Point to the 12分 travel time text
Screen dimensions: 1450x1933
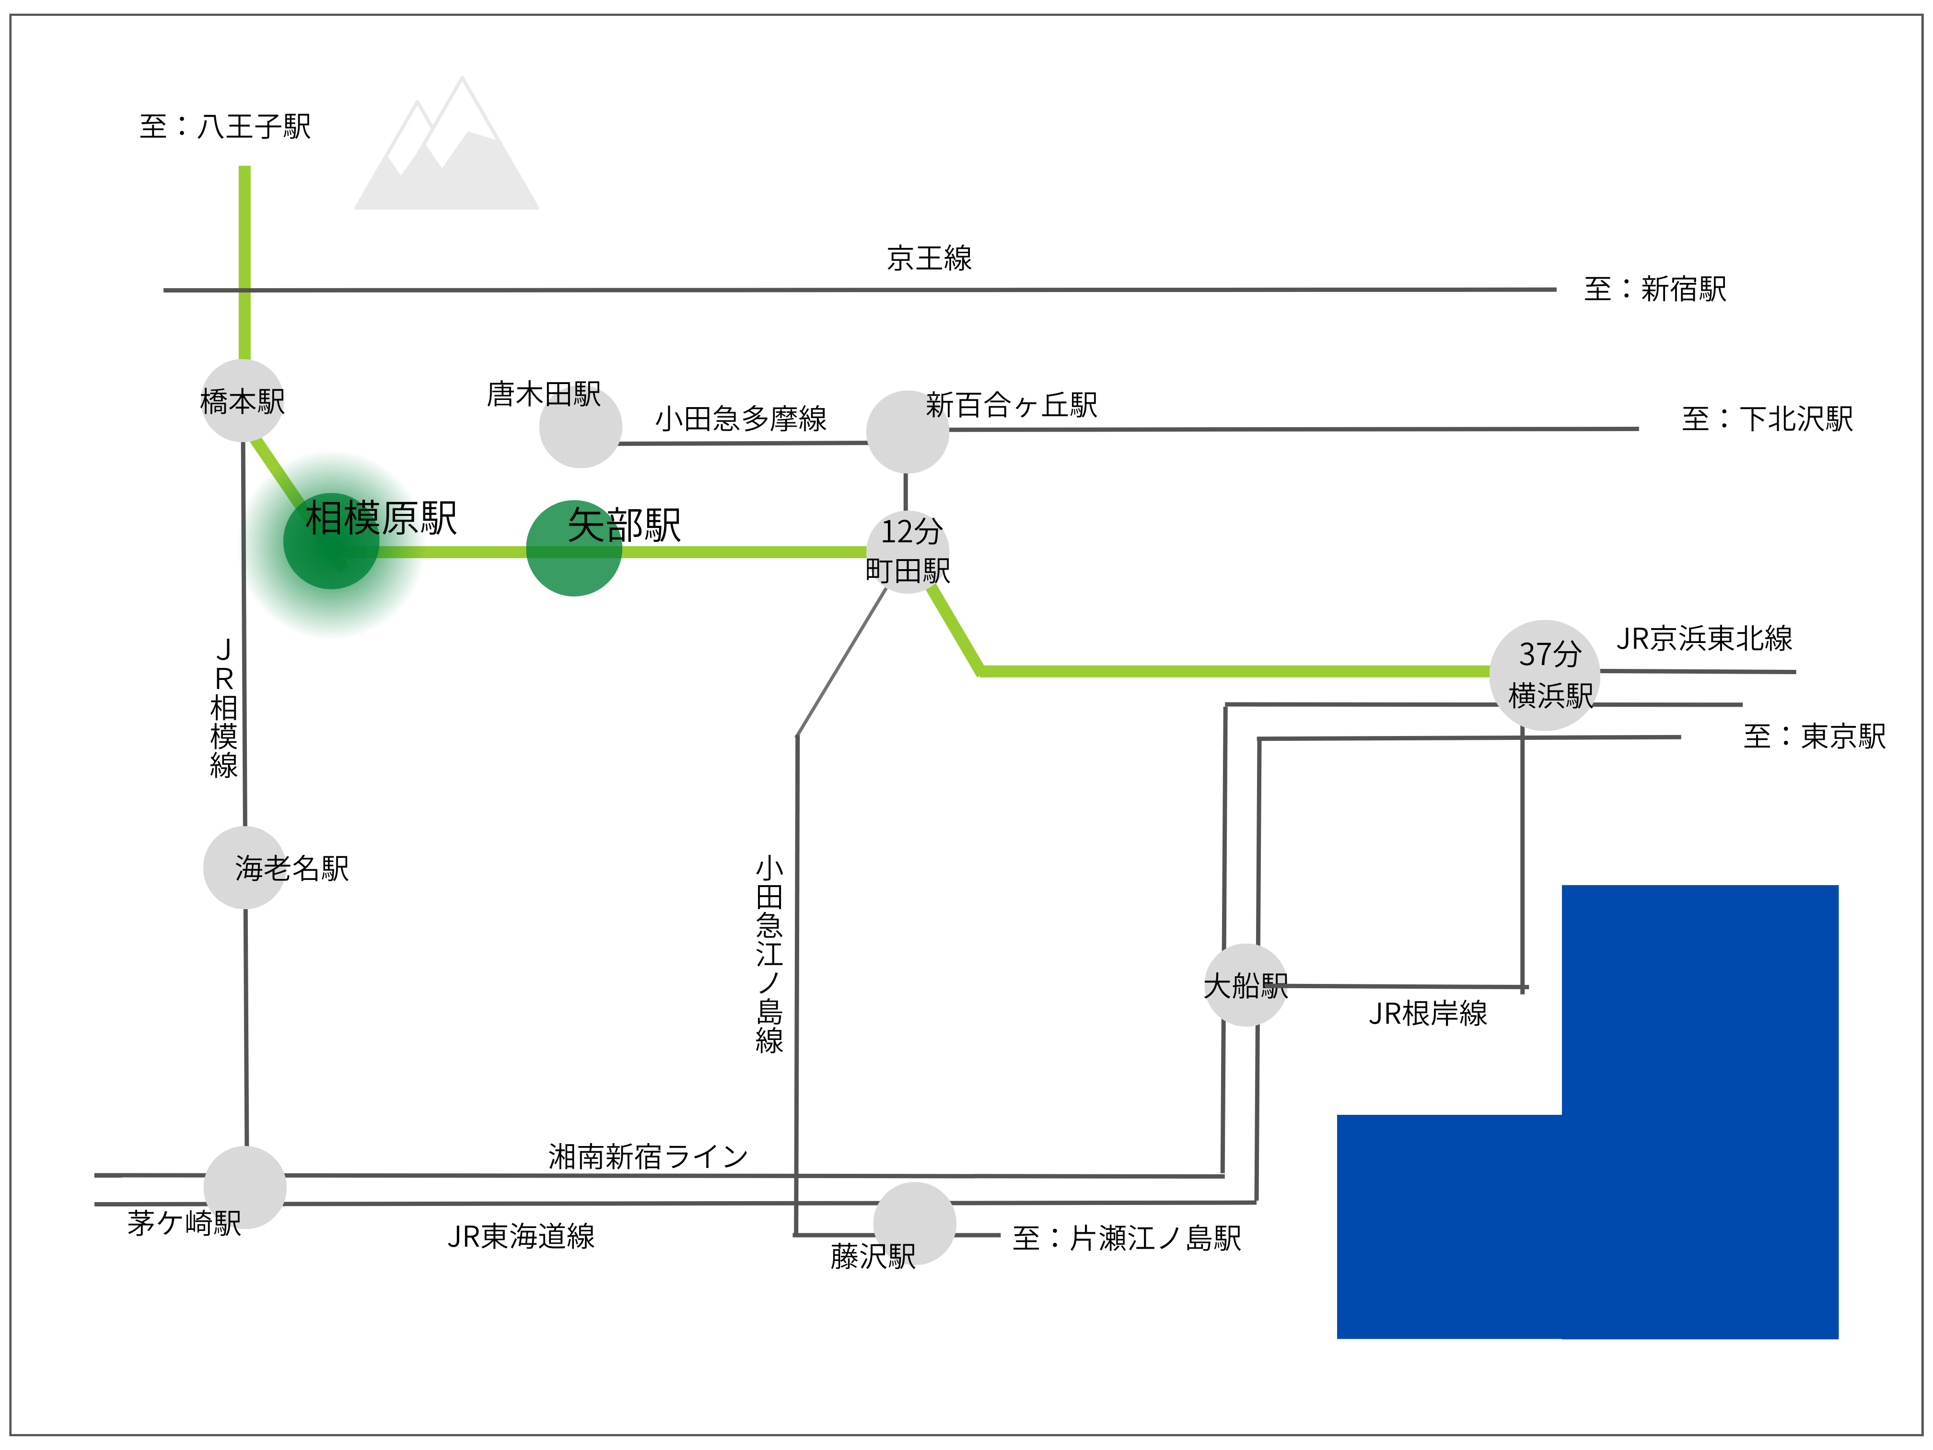tap(910, 530)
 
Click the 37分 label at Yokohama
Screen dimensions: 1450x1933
tap(1549, 653)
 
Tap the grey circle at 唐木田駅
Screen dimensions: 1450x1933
tap(580, 427)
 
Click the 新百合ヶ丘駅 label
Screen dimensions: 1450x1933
tap(1011, 405)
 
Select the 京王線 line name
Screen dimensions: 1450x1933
tap(929, 258)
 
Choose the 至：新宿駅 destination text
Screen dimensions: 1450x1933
tap(1654, 289)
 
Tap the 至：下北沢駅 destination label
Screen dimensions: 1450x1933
tap(1767, 419)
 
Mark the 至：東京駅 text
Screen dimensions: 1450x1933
tap(1814, 736)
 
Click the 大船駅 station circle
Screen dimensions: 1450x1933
tap(1245, 985)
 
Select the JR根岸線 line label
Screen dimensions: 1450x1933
tap(1427, 1013)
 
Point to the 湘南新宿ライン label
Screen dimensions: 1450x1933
tap(648, 1157)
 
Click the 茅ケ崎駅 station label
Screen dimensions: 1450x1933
tap(184, 1222)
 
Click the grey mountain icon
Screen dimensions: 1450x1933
tap(446, 153)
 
